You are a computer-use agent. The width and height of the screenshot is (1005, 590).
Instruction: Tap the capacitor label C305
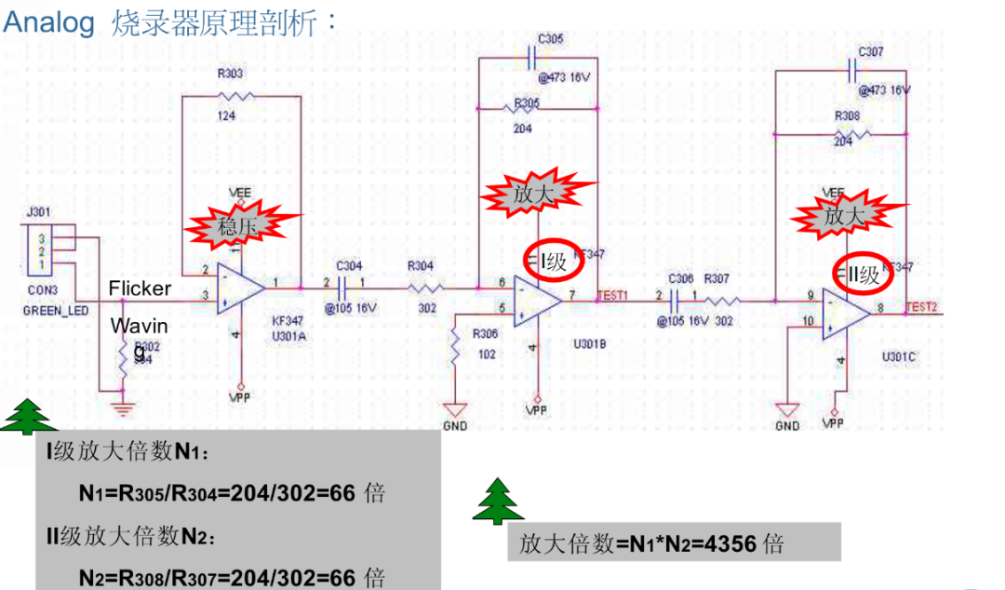coord(550,39)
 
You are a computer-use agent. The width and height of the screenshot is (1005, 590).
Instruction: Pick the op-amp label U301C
coord(901,356)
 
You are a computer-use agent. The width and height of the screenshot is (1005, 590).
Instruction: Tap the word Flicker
coord(140,288)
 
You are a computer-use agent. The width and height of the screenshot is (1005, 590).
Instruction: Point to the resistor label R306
coord(486,334)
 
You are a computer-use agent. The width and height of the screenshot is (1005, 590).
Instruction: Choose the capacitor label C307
coord(871,52)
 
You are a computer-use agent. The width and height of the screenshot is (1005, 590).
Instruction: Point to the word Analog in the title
coord(49,21)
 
